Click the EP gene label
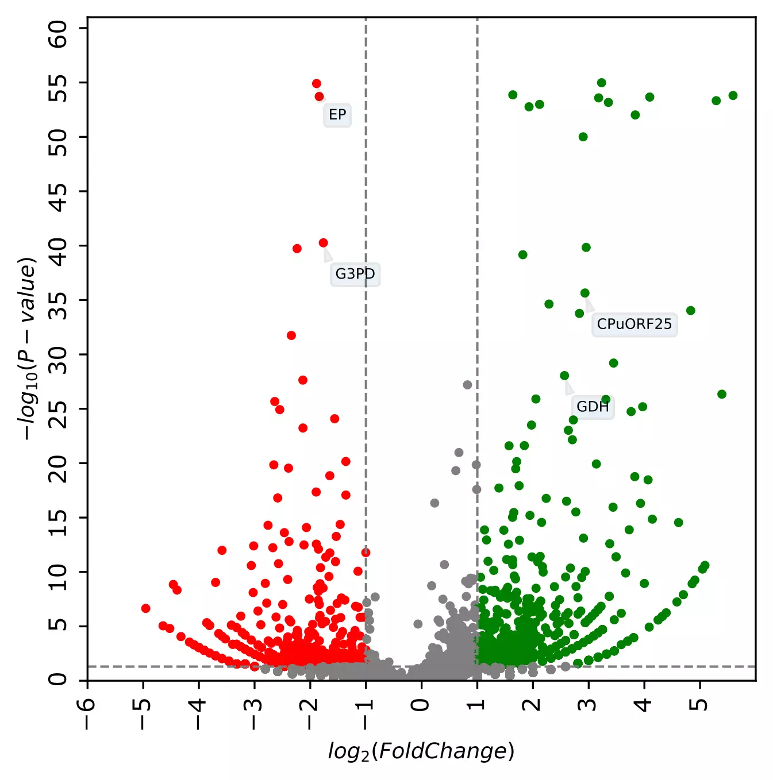337,115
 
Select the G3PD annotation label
355,274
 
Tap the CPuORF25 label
634,324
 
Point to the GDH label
592,407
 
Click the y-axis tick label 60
58,34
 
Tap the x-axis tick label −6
87,713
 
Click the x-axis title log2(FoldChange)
421,751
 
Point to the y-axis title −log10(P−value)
28,349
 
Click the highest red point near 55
316,84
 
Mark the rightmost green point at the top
733,95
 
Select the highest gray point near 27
467,385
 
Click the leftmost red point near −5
145,608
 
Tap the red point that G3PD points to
323,243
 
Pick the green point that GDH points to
564,376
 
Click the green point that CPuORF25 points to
584,294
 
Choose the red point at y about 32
291,335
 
